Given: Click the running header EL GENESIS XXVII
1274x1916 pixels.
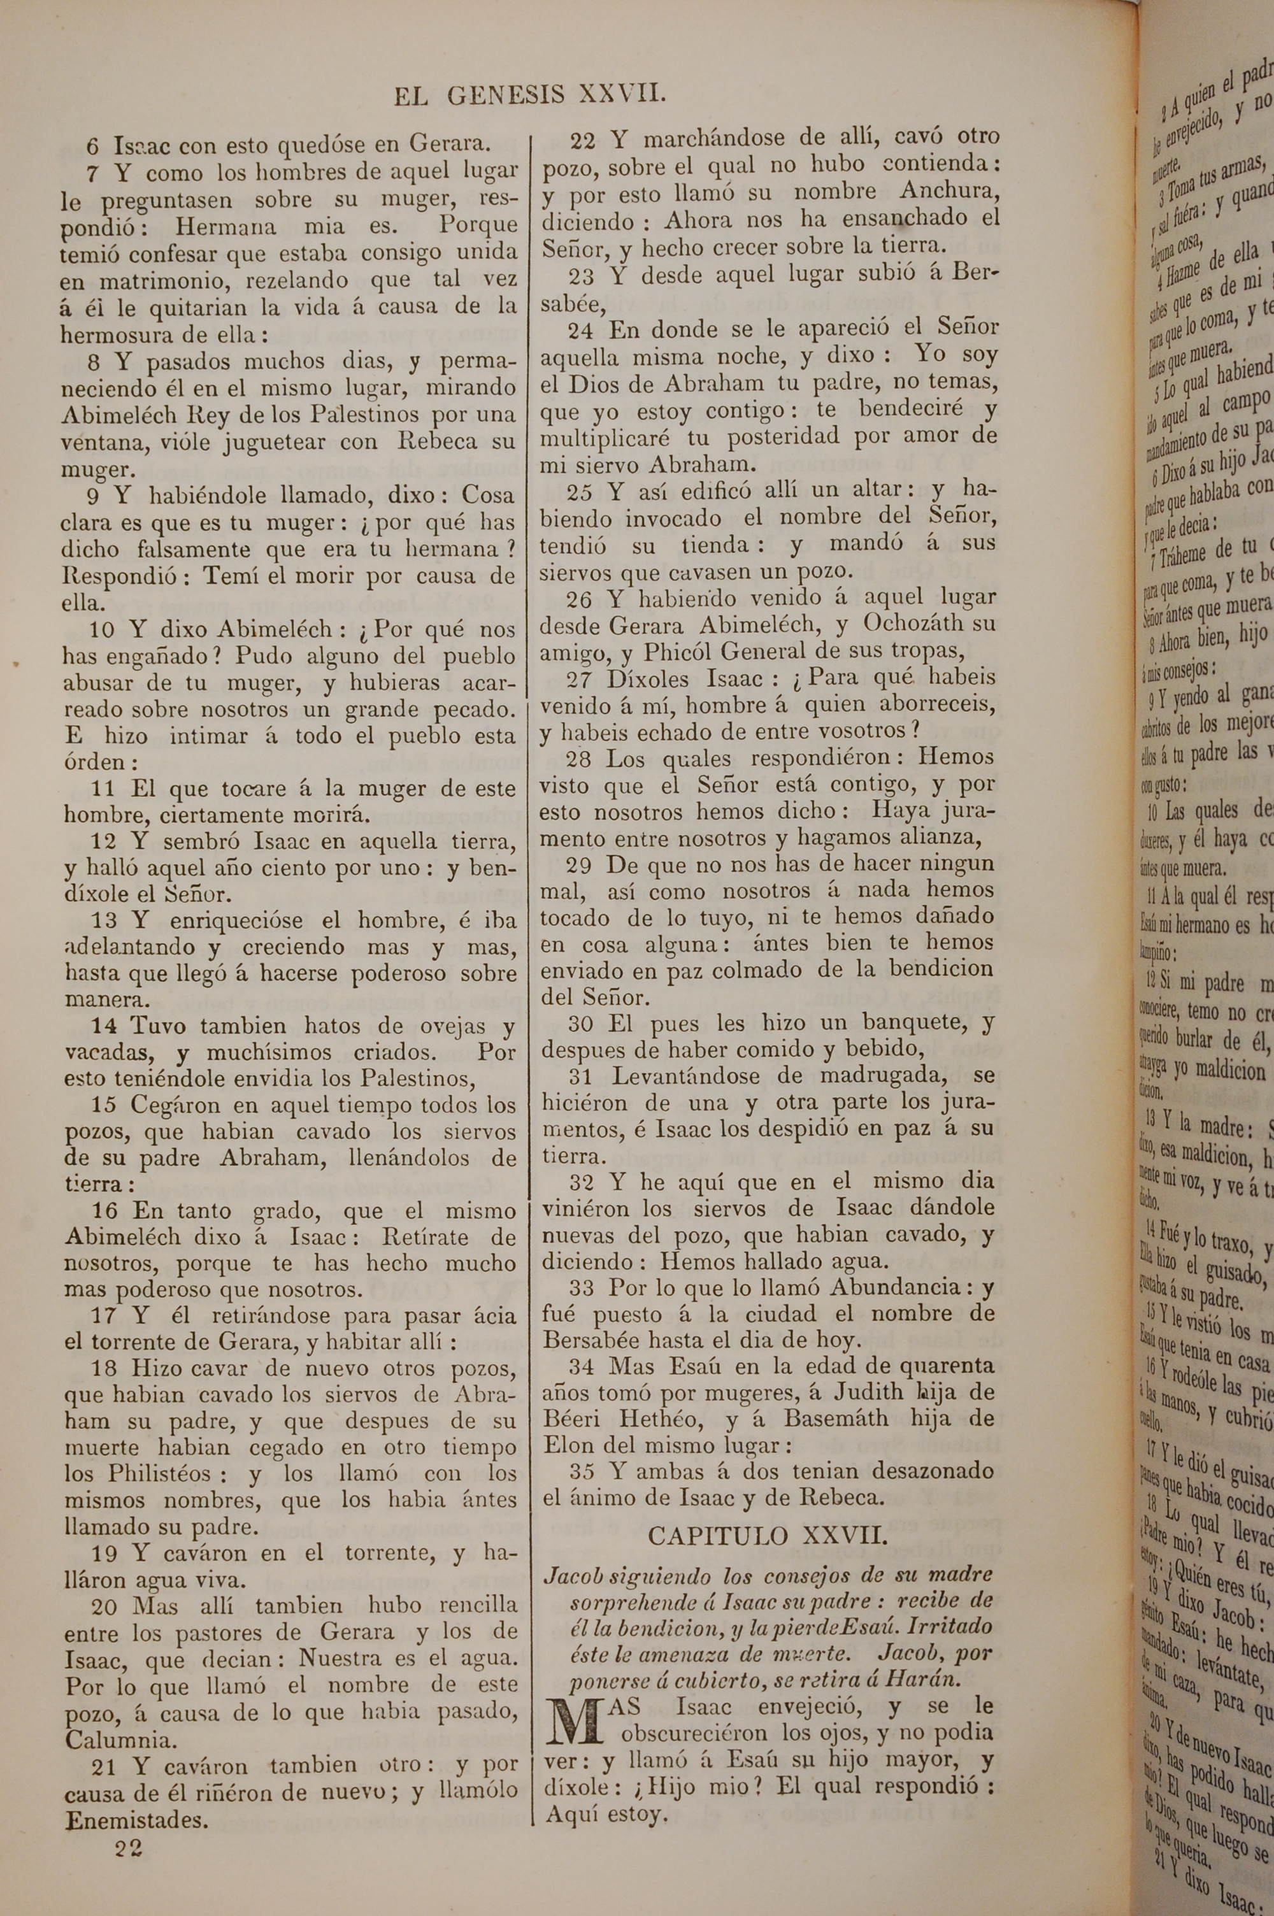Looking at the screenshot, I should (x=530, y=96).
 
